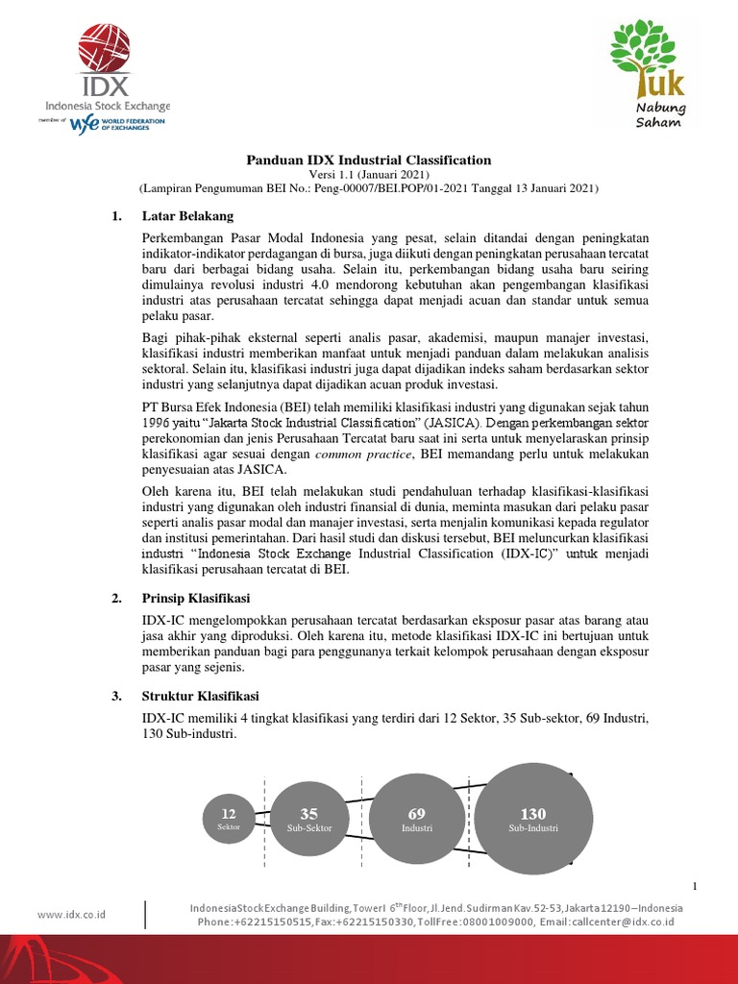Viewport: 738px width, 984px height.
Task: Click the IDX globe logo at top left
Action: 105,49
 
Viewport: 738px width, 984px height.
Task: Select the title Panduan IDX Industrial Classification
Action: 368,160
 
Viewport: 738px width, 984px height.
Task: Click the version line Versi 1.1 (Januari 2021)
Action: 368,175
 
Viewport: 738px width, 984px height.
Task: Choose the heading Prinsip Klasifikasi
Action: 195,599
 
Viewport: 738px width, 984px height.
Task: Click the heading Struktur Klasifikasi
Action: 200,696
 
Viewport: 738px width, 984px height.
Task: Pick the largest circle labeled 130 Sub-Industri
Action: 532,819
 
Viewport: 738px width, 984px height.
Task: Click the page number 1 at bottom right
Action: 694,885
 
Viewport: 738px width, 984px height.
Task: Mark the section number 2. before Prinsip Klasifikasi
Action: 117,599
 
